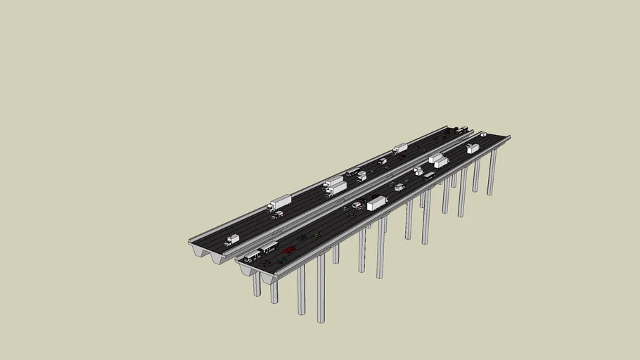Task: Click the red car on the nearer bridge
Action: [289, 250]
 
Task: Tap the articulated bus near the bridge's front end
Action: [260, 251]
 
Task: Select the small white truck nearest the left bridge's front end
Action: [231, 240]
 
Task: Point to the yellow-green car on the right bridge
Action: [317, 235]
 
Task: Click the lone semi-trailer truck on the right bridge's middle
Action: [376, 203]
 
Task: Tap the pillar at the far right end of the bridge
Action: [492, 172]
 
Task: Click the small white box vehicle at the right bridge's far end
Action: [483, 134]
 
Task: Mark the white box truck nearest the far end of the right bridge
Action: [473, 148]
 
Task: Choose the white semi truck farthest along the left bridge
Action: [400, 148]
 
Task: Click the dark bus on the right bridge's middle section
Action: [429, 176]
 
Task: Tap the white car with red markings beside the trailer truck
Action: [357, 205]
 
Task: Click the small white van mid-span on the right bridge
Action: [399, 187]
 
